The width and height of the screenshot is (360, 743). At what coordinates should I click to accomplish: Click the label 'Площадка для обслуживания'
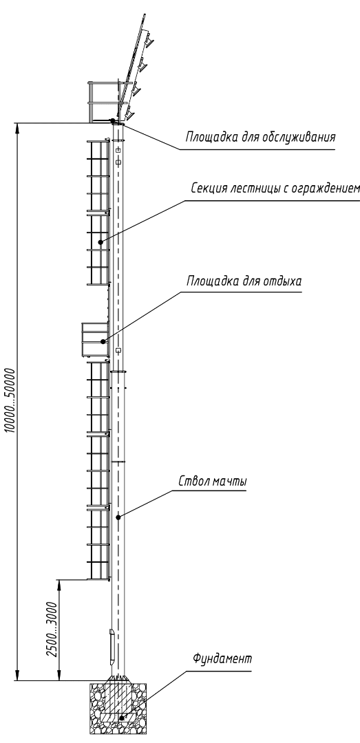click(260, 138)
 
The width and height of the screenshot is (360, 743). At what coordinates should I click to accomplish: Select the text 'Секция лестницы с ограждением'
click(275, 189)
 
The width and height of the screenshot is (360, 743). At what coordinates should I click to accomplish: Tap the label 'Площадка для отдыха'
click(244, 281)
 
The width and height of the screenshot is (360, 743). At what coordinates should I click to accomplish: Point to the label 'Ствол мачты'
click(213, 482)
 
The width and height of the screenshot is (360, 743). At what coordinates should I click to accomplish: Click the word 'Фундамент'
click(222, 658)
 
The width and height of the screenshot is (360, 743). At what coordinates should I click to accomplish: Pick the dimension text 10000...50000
click(11, 400)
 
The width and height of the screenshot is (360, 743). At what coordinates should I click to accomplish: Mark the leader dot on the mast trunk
click(118, 517)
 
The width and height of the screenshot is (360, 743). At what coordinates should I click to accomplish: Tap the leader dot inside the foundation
click(122, 718)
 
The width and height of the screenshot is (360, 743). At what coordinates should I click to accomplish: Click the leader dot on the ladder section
click(100, 242)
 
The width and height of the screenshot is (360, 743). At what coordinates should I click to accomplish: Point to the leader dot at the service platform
click(112, 120)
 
